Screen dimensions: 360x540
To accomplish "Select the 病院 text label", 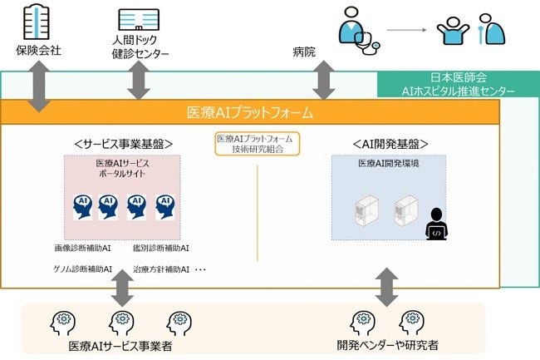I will (x=305, y=51).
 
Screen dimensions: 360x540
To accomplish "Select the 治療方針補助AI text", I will (x=161, y=269).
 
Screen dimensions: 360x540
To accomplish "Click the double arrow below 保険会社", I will (x=38, y=85).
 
